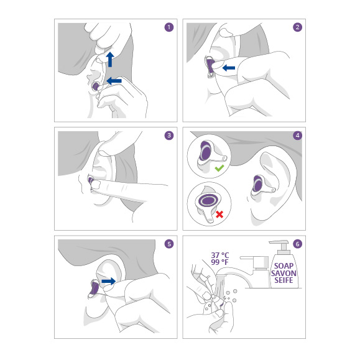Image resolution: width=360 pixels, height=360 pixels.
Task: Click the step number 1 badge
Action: click(169, 27)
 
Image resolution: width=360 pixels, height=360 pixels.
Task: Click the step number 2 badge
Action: click(297, 27)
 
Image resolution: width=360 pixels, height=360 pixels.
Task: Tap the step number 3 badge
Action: click(169, 136)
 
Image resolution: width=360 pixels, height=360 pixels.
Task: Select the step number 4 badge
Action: click(297, 136)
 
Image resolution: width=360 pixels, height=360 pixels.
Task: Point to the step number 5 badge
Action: click(169, 244)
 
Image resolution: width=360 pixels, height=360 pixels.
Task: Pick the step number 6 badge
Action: click(297, 244)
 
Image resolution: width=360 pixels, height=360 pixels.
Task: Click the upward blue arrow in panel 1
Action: click(110, 59)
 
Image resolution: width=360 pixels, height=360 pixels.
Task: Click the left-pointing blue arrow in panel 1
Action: click(114, 81)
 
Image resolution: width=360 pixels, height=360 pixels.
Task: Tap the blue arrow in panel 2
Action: click(229, 68)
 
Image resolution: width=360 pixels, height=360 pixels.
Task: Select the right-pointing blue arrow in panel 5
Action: click(109, 281)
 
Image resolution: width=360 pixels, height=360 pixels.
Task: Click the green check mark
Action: click(219, 168)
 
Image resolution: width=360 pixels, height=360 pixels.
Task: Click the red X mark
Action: click(219, 215)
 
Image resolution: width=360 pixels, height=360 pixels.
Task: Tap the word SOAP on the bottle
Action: click(284, 266)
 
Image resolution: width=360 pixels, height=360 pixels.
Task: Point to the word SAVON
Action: click(284, 273)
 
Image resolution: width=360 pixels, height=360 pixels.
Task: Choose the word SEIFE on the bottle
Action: click(284, 280)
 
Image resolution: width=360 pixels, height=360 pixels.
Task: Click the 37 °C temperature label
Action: click(220, 256)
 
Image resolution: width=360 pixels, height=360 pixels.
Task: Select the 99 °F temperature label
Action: click(219, 262)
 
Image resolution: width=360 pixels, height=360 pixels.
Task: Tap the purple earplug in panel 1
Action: click(95, 86)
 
